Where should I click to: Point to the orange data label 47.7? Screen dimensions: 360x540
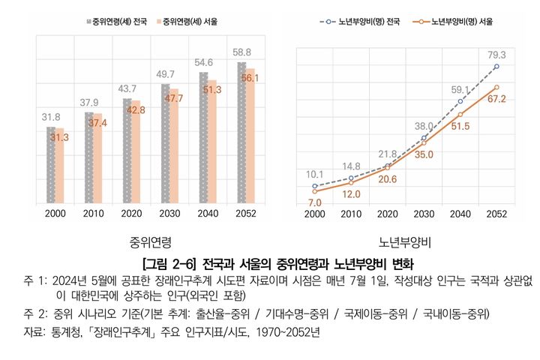click(x=173, y=98)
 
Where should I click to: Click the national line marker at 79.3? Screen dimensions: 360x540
click(x=496, y=66)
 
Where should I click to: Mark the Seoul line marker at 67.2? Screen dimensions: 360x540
click(x=496, y=87)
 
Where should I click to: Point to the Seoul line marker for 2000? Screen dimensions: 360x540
click(x=314, y=191)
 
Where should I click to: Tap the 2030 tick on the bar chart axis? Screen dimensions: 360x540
click(x=170, y=214)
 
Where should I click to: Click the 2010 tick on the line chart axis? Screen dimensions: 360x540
click(x=350, y=214)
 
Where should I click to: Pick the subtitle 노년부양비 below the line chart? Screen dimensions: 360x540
click(x=404, y=242)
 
